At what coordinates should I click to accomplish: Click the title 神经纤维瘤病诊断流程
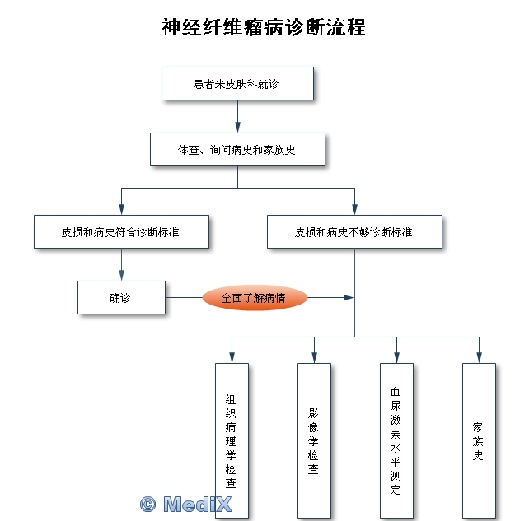tap(264, 26)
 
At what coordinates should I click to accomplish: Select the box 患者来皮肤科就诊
tap(237, 83)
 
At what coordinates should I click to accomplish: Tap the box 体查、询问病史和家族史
tap(237, 150)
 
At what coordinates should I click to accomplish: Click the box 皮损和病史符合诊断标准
tap(121, 232)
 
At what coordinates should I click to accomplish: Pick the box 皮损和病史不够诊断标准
tap(354, 232)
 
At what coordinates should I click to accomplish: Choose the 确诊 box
tap(121, 298)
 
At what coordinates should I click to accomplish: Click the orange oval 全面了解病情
tap(254, 298)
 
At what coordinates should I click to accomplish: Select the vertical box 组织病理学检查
tap(231, 440)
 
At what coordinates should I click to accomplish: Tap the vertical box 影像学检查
tap(313, 440)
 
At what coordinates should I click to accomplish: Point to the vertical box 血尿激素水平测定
tap(396, 440)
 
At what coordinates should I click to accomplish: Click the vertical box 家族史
tap(478, 440)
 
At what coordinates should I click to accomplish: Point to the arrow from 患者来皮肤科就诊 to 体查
tap(237, 117)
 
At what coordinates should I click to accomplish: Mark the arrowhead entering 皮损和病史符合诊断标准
tap(121, 210)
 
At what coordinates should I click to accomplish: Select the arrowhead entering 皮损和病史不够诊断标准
tap(354, 210)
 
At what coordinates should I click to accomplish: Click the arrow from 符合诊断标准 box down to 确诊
tap(121, 265)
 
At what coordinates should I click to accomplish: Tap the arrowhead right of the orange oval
tap(349, 298)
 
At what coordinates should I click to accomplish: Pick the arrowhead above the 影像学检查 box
tap(313, 357)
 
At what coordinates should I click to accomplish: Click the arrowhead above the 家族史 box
tap(478, 357)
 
